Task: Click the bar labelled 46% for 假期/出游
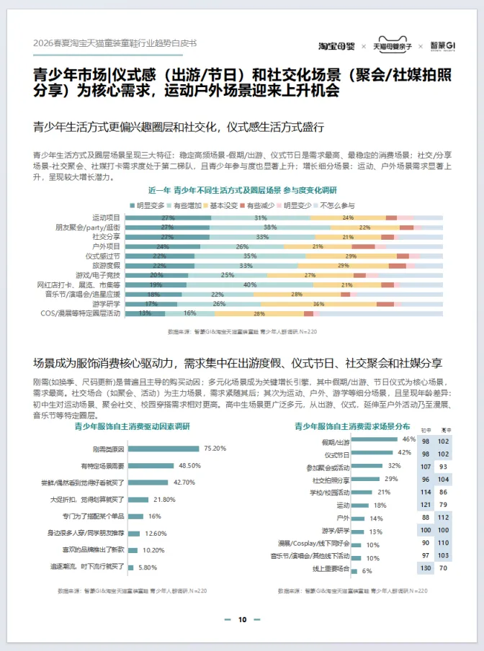(375, 440)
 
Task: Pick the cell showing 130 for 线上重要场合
(426, 570)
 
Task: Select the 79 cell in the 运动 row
(444, 505)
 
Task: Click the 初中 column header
(426, 429)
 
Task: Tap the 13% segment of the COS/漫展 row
(145, 313)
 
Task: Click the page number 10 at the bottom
(242, 619)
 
